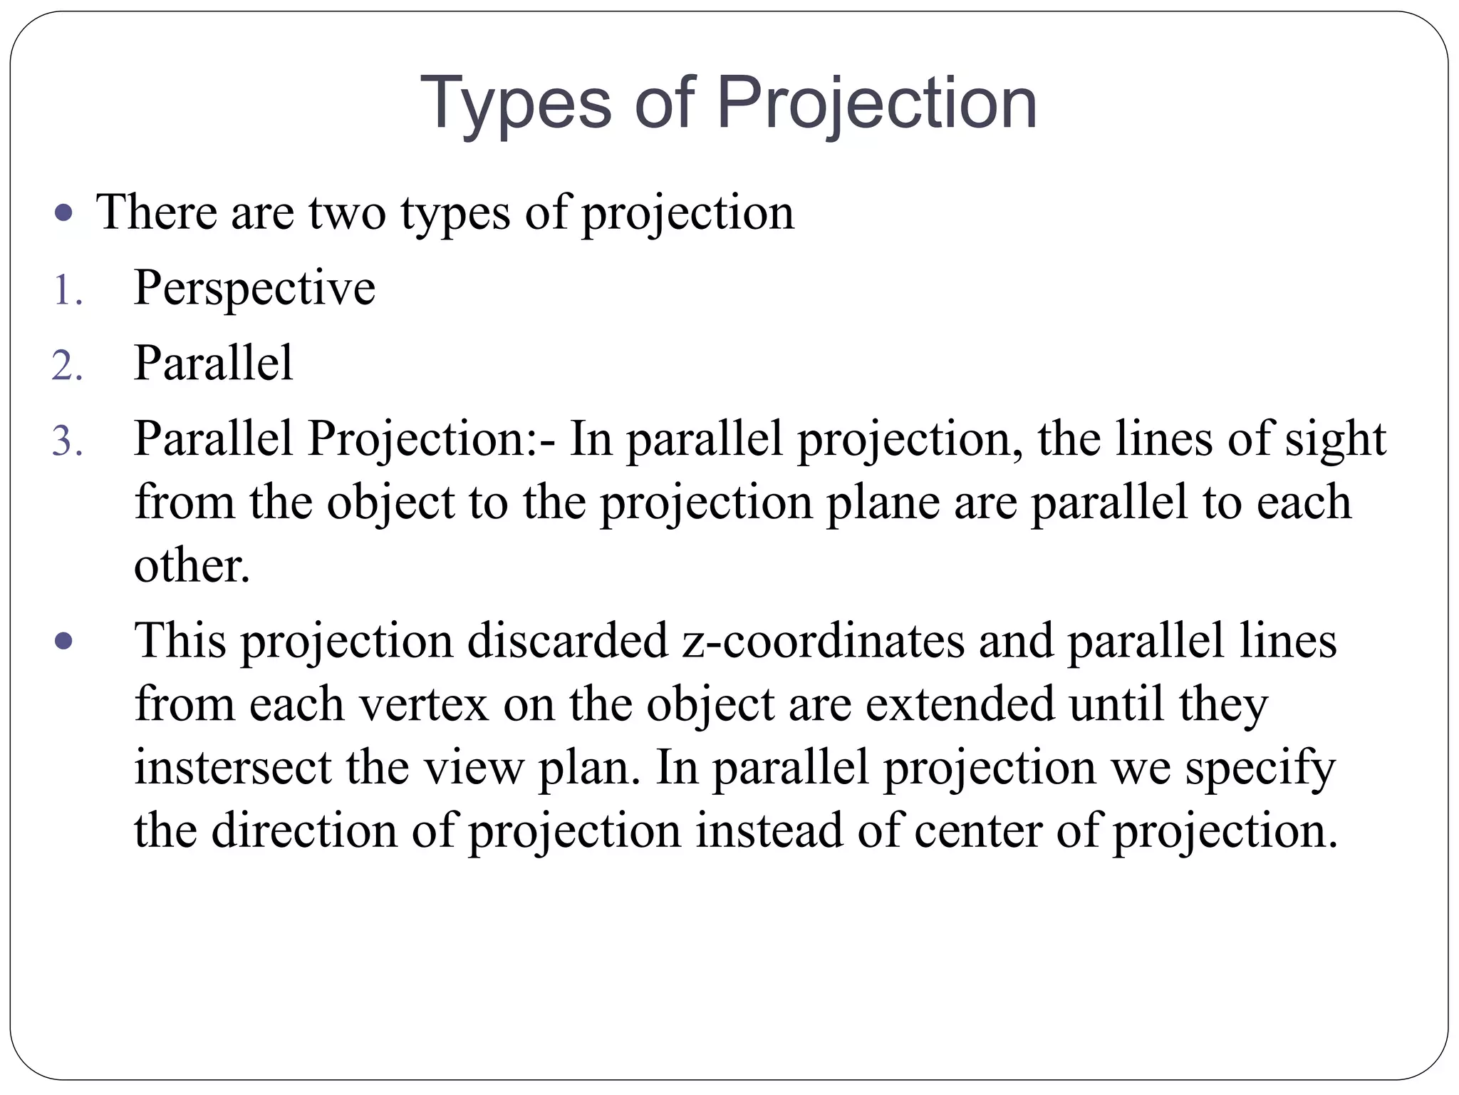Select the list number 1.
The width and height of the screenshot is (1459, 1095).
coord(67,291)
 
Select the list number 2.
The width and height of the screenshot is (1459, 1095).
coord(67,366)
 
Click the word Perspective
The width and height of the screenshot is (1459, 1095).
coord(254,288)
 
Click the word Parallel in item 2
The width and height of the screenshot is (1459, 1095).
coord(213,364)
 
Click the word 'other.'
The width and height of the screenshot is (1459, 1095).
coord(192,566)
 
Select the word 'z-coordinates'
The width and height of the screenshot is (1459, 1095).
coord(823,640)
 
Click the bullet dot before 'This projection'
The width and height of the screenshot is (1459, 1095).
coord(64,641)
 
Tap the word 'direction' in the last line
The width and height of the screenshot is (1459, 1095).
coord(304,831)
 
